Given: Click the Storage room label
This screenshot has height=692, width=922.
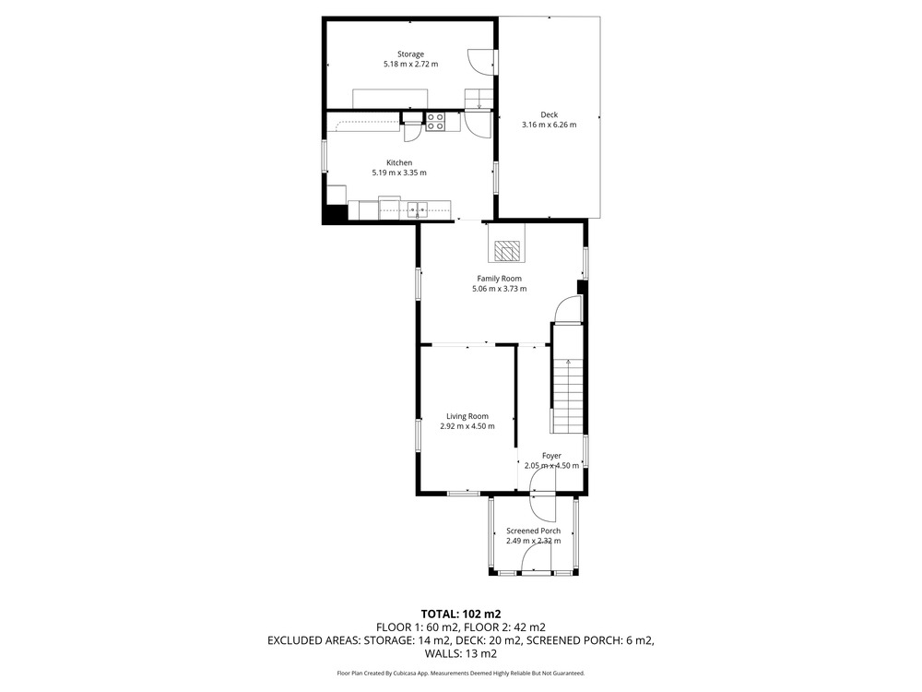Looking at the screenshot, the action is [x=410, y=54].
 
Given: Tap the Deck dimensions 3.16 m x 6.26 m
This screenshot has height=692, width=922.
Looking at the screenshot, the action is [x=550, y=125].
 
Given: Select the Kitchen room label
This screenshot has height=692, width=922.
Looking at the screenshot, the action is [x=399, y=162].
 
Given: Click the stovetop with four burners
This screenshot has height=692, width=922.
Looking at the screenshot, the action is [x=435, y=122].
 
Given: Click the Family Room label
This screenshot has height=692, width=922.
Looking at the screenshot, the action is [x=499, y=279].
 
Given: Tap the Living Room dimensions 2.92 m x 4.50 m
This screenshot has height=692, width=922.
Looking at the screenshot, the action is [x=467, y=426].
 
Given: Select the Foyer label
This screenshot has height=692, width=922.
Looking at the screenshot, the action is [x=551, y=456].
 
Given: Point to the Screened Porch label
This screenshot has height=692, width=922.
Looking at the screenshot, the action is [x=533, y=531].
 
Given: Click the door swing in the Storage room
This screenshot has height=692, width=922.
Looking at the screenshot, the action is [x=480, y=62].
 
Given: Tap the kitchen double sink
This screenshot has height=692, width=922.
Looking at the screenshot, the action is [x=418, y=209].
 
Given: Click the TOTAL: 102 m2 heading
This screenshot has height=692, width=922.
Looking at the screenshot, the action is [x=461, y=614].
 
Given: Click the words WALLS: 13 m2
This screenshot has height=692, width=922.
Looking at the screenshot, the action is [x=461, y=654].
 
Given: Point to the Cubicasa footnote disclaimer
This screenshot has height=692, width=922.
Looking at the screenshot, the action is [x=461, y=674].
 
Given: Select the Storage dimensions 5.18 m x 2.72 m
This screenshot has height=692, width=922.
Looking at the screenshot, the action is [x=410, y=65].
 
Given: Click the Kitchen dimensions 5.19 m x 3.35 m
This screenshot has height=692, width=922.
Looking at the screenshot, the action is [x=399, y=173].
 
